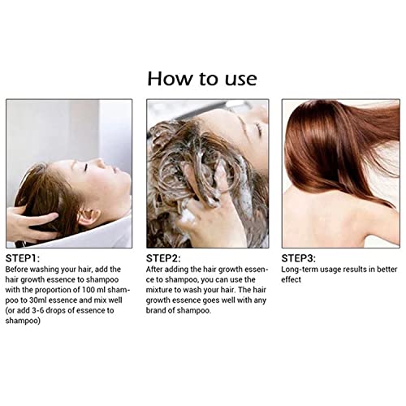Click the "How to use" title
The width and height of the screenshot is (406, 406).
(x=202, y=78)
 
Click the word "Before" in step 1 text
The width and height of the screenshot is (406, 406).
(x=20, y=269)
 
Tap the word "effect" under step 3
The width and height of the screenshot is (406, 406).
(x=292, y=279)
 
